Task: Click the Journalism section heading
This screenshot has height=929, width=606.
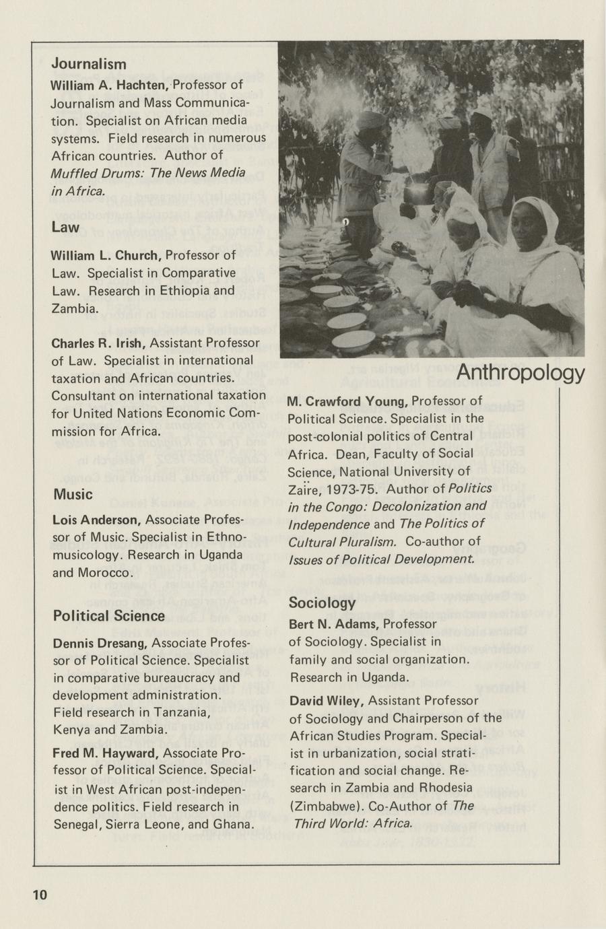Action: coord(89,64)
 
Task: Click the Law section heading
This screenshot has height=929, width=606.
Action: coord(65,228)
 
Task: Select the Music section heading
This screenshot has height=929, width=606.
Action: coord(73,494)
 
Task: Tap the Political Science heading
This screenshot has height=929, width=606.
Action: coord(108,616)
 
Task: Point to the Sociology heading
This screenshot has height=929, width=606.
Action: coord(322,603)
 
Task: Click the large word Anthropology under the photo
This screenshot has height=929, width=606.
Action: coord(520,372)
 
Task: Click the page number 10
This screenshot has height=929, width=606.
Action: coord(39,895)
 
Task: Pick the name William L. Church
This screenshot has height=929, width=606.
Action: coord(105,256)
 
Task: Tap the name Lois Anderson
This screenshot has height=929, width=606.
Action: coord(96,520)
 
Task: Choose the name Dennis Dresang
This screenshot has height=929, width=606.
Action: coord(100,643)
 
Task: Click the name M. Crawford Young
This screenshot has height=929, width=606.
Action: coord(347,402)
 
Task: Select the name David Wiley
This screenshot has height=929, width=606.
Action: coord(327,701)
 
